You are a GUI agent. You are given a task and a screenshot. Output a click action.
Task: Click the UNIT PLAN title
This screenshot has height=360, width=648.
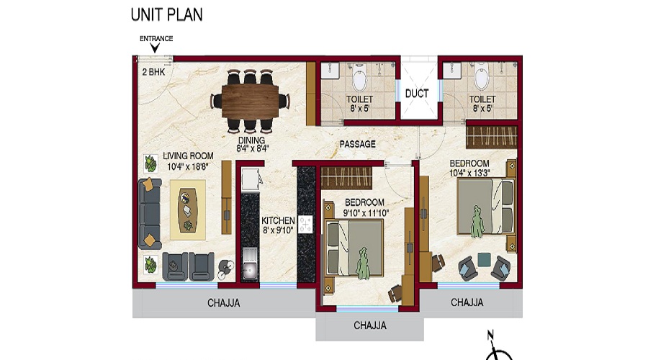pyautogui.click(x=166, y=14)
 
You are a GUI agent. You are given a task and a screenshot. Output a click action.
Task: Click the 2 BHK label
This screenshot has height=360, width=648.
pyautogui.click(x=154, y=72)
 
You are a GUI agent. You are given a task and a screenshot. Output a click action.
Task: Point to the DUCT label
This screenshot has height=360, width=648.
pyautogui.click(x=417, y=94)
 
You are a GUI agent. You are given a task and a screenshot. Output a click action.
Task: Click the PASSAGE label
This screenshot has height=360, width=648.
pyautogui.click(x=358, y=144)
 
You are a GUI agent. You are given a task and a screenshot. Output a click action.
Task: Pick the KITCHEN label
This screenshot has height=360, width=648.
pyautogui.click(x=277, y=220)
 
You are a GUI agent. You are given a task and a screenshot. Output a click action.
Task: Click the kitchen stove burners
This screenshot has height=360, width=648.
pyautogui.click(x=306, y=225)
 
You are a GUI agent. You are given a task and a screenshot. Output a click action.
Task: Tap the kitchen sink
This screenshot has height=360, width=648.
pyautogui.click(x=249, y=269)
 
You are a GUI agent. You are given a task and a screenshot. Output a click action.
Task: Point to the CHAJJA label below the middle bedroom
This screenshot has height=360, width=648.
pyautogui.click(x=370, y=326)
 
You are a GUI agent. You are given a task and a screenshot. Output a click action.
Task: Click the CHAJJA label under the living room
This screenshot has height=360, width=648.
pyautogui.click(x=223, y=303)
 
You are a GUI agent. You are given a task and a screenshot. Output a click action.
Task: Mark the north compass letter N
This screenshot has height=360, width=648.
pyautogui.click(x=490, y=334)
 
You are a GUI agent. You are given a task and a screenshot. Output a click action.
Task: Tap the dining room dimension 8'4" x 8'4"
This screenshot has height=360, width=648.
pyautogui.click(x=251, y=150)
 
